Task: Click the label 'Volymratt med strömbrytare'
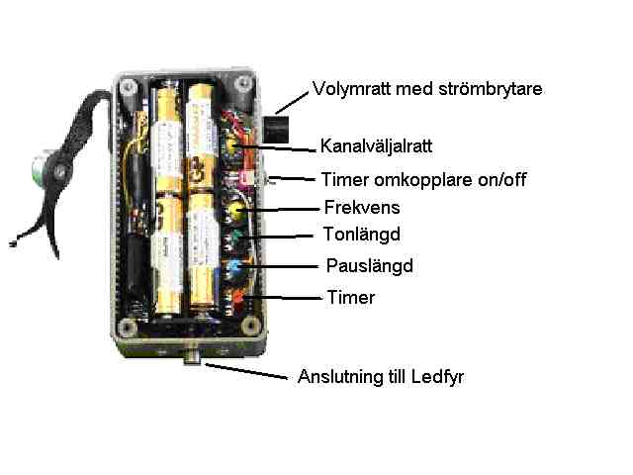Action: [427, 89]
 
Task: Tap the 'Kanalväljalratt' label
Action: [377, 146]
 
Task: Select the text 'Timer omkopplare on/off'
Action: [423, 180]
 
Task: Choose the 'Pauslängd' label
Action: [369, 266]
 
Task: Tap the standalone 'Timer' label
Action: [351, 297]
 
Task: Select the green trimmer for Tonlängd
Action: [235, 237]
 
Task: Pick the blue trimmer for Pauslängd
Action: [235, 267]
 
